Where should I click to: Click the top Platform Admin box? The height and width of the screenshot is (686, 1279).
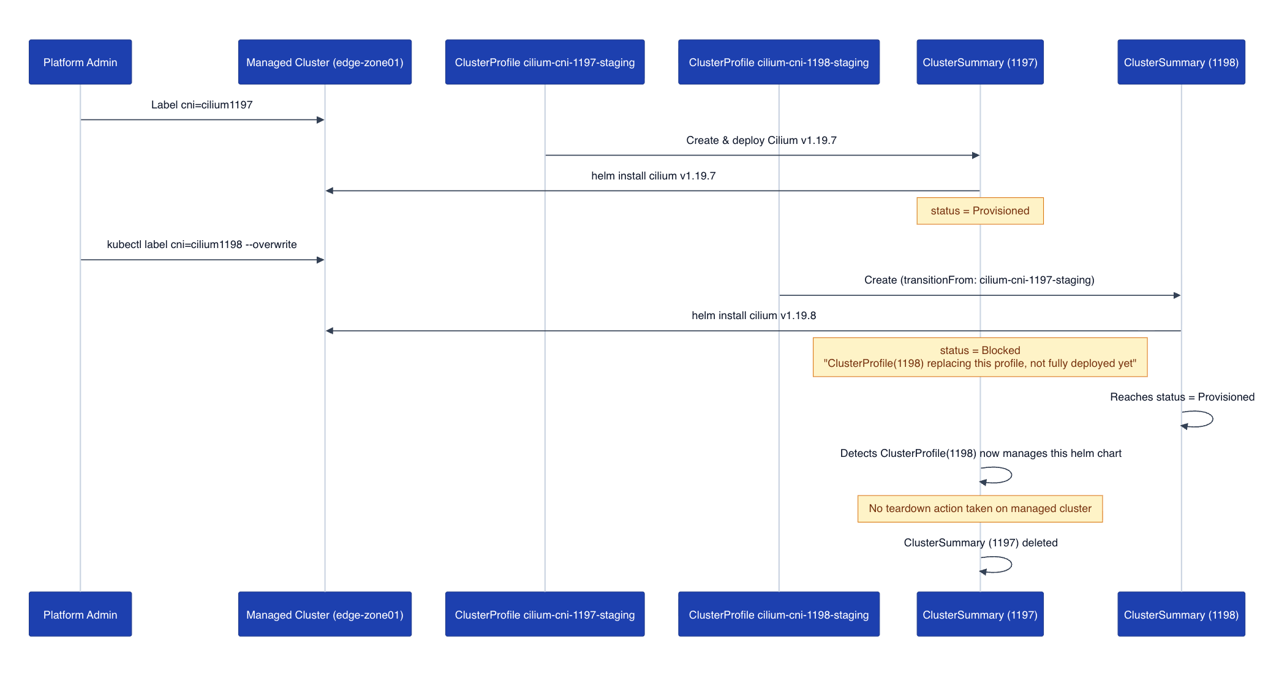coord(80,62)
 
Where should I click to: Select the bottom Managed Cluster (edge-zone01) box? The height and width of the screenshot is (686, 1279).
coord(325,614)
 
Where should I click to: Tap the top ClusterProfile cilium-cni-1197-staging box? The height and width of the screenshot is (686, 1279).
coord(545,62)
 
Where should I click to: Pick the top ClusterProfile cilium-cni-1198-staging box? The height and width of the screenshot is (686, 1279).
coord(779,62)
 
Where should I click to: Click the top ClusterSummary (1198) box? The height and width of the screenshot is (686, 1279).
coord(1181,62)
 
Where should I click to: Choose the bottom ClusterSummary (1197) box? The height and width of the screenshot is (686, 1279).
coord(980,614)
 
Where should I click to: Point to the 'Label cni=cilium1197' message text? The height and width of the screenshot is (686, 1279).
coord(202,105)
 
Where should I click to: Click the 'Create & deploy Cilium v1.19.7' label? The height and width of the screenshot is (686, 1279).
coord(761,140)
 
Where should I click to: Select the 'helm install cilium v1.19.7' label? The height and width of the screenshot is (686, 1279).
coord(654,176)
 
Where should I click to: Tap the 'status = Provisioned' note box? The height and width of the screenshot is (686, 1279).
coord(980,211)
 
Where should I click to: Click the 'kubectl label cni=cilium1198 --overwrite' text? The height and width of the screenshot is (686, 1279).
coord(202,244)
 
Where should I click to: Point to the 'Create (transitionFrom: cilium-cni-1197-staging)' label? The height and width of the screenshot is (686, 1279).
coord(979,280)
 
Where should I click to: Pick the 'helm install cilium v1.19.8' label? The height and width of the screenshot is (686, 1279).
coord(754,315)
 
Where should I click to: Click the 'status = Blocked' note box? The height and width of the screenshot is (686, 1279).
coord(980,357)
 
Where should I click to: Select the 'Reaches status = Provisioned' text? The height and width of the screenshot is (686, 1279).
coord(1182,397)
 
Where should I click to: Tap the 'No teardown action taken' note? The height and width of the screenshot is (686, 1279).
coord(980,508)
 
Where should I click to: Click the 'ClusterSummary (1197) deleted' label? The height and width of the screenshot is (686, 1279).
coord(981,543)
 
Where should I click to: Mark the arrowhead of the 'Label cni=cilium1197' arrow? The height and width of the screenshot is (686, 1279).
coord(320,120)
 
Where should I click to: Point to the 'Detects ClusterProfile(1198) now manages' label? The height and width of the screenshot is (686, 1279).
coord(981,453)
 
